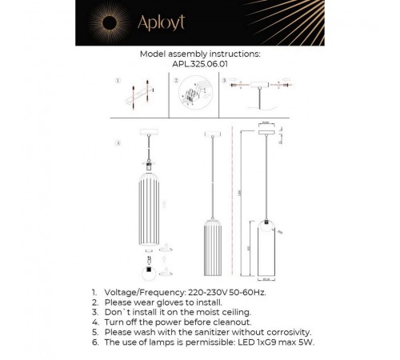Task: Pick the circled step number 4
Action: [x=118, y=143]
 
